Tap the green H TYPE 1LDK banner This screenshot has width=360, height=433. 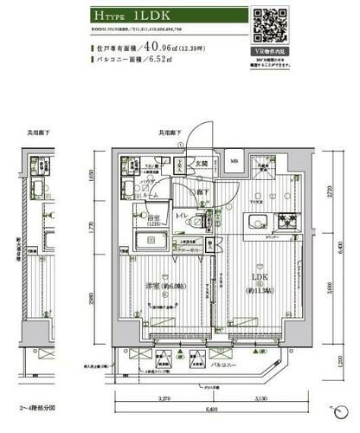(164, 16)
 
